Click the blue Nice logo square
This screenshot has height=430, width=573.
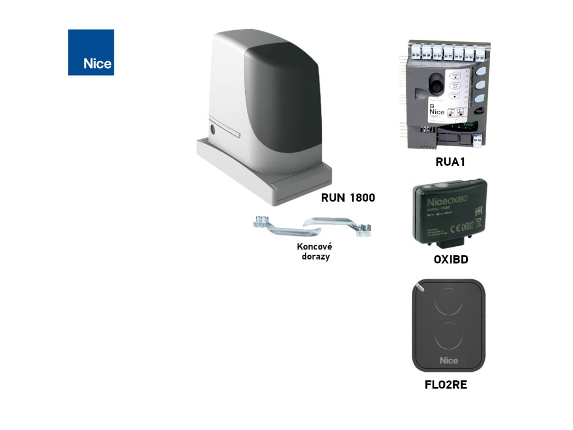point(91,52)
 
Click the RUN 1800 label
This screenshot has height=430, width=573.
point(347,198)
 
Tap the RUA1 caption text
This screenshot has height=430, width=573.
point(450,162)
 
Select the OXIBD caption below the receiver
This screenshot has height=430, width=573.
point(451,260)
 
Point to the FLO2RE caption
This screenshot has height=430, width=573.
point(446,385)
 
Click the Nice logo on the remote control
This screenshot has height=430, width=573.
point(448,361)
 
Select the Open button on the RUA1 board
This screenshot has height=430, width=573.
point(454,76)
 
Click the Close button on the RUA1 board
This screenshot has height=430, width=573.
point(454,96)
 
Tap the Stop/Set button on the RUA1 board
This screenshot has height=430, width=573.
point(454,86)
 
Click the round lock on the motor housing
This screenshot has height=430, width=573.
point(213,129)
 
